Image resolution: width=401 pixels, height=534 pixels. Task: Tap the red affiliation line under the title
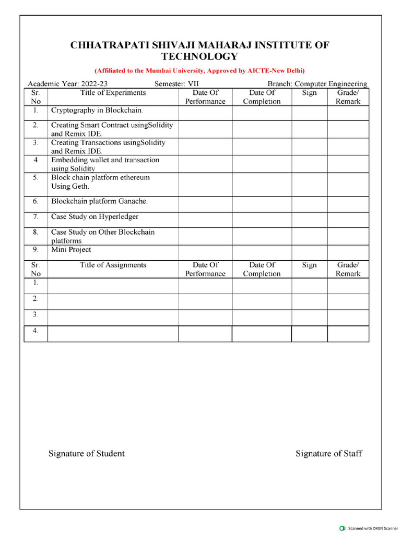(199, 70)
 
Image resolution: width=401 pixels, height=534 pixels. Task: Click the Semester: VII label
(176, 83)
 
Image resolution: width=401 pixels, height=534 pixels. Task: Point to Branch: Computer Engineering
(317, 83)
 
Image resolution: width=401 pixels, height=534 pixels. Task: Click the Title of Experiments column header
(113, 93)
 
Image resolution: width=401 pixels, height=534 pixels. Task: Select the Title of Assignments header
(113, 265)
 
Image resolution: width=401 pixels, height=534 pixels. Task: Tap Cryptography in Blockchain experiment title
(97, 110)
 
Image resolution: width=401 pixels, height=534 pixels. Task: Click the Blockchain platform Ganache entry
(99, 201)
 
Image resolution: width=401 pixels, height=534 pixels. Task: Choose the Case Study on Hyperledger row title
(95, 216)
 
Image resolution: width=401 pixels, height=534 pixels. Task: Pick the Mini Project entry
(71, 249)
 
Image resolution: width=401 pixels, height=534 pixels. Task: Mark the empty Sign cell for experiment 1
(309, 113)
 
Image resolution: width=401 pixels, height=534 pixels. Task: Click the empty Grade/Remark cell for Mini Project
(348, 252)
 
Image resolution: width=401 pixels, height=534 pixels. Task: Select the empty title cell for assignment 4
(113, 334)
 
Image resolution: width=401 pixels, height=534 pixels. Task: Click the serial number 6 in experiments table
(36, 201)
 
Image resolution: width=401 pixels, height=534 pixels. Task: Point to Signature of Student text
(87, 453)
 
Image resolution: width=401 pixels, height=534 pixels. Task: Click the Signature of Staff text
(328, 453)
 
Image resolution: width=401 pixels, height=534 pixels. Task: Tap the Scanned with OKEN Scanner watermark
(369, 528)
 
